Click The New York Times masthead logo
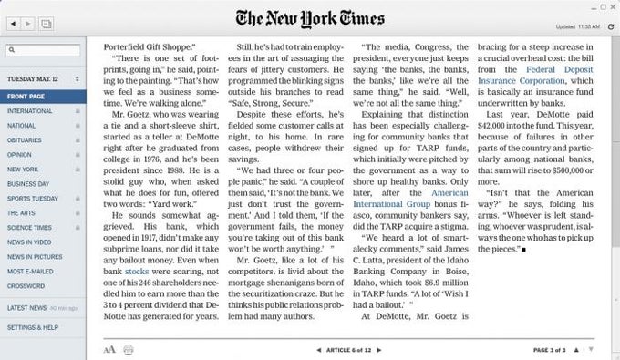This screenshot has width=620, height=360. (x=309, y=17)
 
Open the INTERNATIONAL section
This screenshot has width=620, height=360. (x=30, y=110)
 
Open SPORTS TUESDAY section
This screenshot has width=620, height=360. (x=32, y=198)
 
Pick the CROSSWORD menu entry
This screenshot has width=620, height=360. (x=26, y=286)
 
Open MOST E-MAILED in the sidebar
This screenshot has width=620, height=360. (x=29, y=272)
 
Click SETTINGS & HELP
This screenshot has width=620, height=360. (x=32, y=326)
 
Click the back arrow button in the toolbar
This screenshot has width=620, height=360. (x=10, y=20)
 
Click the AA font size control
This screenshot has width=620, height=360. (x=109, y=348)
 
